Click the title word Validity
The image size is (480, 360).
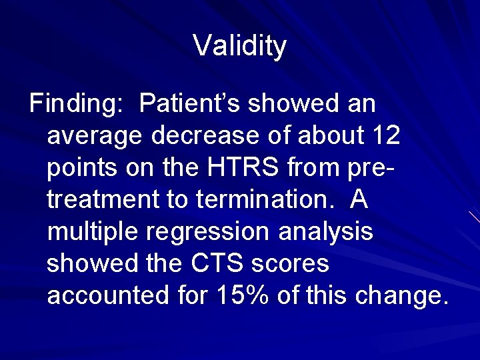(240, 46)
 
